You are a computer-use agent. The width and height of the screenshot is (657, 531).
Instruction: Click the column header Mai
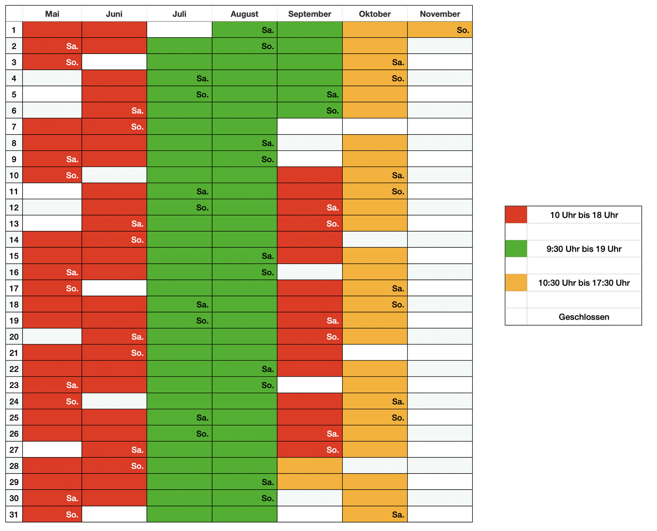point(52,14)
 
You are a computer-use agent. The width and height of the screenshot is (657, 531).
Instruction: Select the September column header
point(309,14)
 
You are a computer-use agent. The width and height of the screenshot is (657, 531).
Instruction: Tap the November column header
point(440,14)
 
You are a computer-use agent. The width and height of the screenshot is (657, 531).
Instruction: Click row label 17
point(14,288)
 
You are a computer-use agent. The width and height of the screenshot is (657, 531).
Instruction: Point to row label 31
point(14,514)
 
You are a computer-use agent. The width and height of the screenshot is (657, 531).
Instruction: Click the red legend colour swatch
point(516,215)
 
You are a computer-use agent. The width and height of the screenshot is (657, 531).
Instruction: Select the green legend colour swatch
point(516,249)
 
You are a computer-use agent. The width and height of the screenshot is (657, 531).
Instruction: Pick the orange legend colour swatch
point(516,283)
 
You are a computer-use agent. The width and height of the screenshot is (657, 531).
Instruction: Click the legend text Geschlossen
point(584,317)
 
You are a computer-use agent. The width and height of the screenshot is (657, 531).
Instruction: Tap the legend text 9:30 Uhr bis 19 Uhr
point(584,249)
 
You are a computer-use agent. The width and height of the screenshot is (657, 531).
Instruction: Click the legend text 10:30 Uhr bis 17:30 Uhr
point(584,283)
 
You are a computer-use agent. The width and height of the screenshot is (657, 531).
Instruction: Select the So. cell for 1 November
point(440,30)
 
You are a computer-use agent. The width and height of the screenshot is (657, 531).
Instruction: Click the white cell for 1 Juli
point(179,30)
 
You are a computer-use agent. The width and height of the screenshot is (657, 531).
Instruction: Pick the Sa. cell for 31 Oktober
point(375,514)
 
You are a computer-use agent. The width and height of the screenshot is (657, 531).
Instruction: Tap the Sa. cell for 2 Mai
point(52,46)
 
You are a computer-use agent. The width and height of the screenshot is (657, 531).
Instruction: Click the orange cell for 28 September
point(309,466)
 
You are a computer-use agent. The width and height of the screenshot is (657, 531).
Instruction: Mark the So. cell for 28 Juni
point(114,466)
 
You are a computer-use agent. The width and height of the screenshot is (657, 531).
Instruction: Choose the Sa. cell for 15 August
point(244,256)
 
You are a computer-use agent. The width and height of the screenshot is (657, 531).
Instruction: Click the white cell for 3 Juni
point(114,62)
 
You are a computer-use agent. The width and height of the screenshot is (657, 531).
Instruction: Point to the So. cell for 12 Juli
point(179,207)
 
